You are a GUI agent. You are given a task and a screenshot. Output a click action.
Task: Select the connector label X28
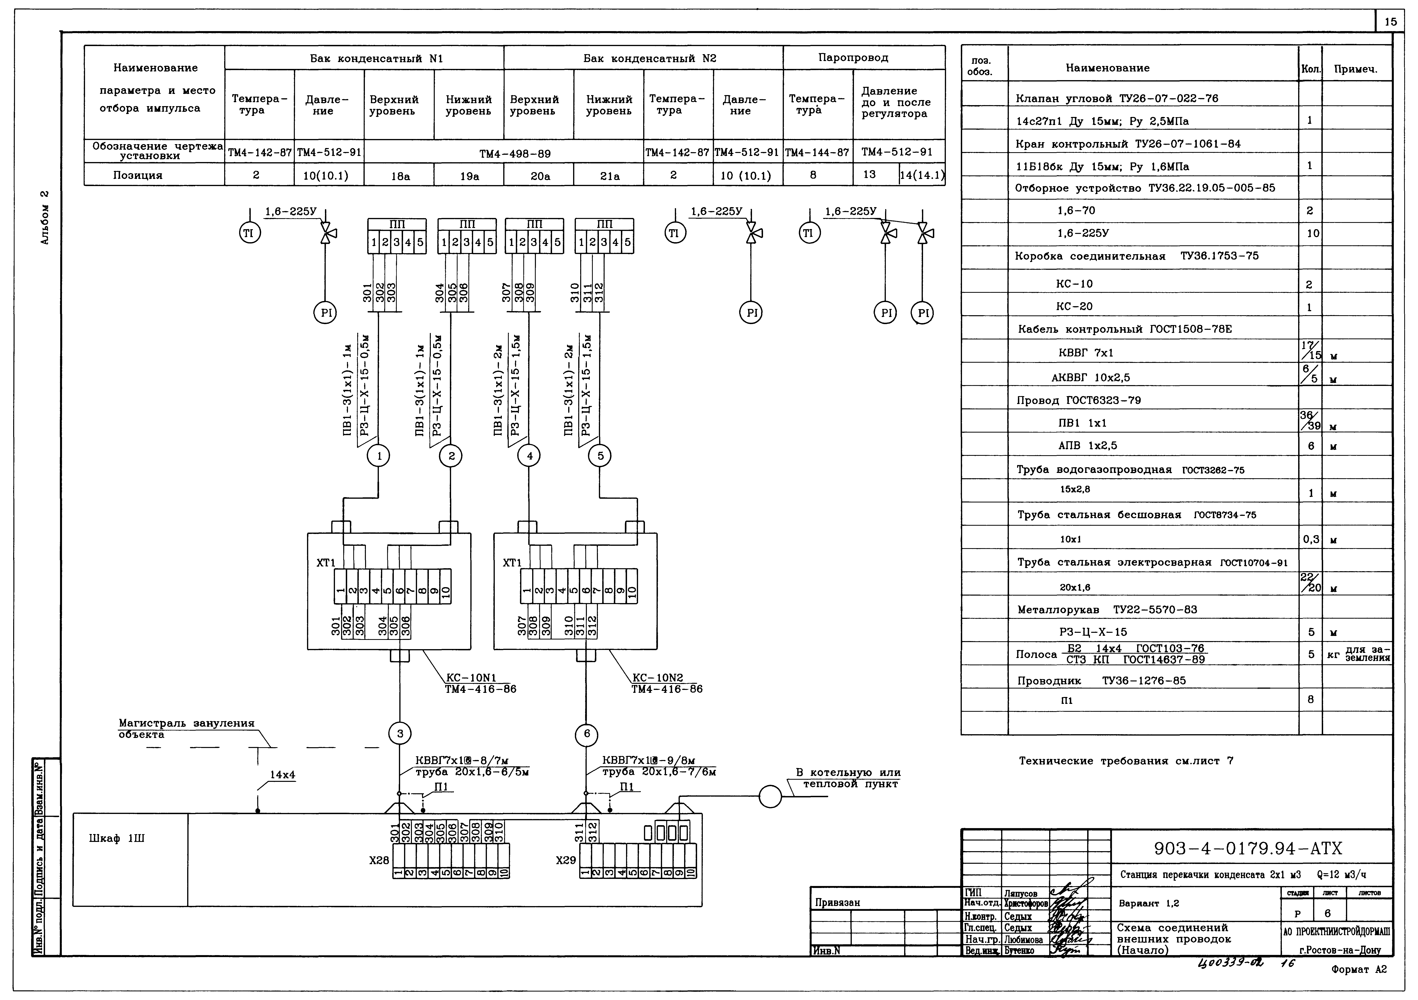click(x=379, y=860)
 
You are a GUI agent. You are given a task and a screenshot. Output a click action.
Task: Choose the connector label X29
click(x=566, y=860)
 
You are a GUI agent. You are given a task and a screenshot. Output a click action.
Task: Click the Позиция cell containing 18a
click(x=400, y=176)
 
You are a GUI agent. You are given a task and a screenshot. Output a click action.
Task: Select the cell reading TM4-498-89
click(x=515, y=153)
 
